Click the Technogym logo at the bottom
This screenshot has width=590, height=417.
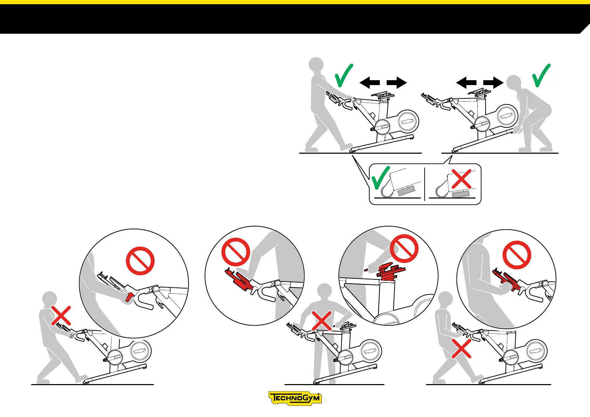pos(295,398)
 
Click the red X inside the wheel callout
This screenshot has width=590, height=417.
pos(461,179)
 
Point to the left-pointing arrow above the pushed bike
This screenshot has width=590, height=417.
pos(370,83)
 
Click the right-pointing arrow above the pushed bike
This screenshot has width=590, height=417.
pos(397,83)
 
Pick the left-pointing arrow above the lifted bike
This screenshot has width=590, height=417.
pos(466,83)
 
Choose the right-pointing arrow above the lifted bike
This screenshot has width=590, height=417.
pos(493,83)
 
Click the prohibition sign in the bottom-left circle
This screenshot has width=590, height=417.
pos(140,261)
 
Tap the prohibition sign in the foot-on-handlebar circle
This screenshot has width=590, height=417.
pos(236,252)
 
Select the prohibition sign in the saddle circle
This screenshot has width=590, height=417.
pos(404,249)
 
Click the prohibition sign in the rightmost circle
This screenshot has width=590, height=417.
pos(517,255)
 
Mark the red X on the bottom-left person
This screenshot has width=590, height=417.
pos(61,315)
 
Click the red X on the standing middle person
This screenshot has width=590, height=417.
pos(322,321)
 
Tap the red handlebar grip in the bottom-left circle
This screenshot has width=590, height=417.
pos(130,297)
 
